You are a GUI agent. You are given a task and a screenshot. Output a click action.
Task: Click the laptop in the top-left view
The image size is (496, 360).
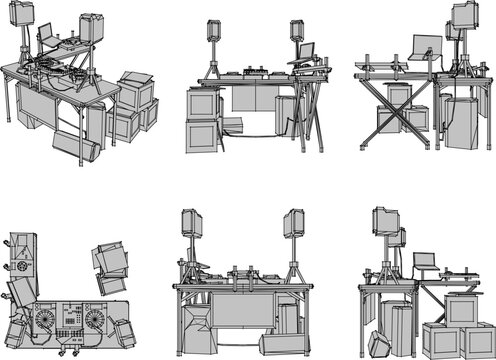coord(47,35)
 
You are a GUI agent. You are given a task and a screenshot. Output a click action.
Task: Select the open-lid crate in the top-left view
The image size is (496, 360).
coord(135,86)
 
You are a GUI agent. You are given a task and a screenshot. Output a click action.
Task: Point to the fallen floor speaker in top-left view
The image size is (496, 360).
coord(77,147)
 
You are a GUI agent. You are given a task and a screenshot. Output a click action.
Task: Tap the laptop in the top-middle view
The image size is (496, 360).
coord(305,51)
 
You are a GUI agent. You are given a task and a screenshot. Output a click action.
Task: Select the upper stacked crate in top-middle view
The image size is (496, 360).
coord(203,104)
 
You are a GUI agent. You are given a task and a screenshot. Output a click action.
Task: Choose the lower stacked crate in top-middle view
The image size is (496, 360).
coord(204,135)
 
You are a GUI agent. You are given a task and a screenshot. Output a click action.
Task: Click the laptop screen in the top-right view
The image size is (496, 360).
coord(424,45)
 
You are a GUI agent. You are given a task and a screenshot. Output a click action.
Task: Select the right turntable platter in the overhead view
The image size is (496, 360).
coord(93,321)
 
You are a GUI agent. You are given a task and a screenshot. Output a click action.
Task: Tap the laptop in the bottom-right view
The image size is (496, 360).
coord(425,262)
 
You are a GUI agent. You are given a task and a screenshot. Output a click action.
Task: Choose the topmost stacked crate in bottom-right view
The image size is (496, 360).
coord(464,309)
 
